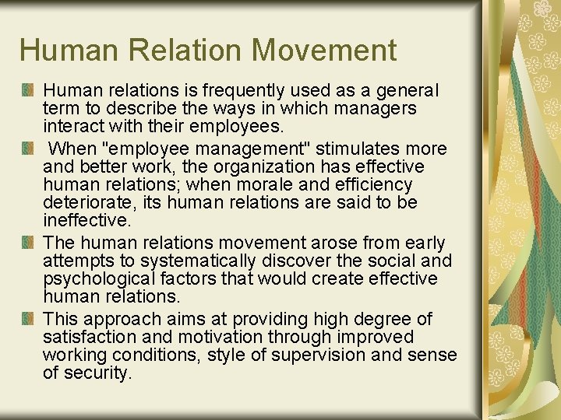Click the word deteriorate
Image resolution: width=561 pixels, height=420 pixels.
click(83, 202)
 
